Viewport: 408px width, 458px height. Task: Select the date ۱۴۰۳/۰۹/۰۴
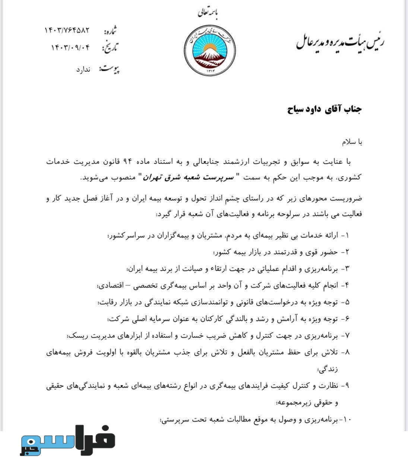pos(70,48)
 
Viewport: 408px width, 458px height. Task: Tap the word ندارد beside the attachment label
pos(83,70)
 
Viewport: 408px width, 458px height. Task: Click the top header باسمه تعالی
pos(208,13)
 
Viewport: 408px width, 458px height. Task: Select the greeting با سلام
pos(352,142)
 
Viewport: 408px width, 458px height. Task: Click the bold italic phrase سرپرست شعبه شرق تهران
pos(191,177)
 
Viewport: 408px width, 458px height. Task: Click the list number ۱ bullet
pos(347,236)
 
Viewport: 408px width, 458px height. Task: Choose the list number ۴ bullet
pos(347,285)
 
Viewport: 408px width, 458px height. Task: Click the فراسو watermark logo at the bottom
pos(67,440)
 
